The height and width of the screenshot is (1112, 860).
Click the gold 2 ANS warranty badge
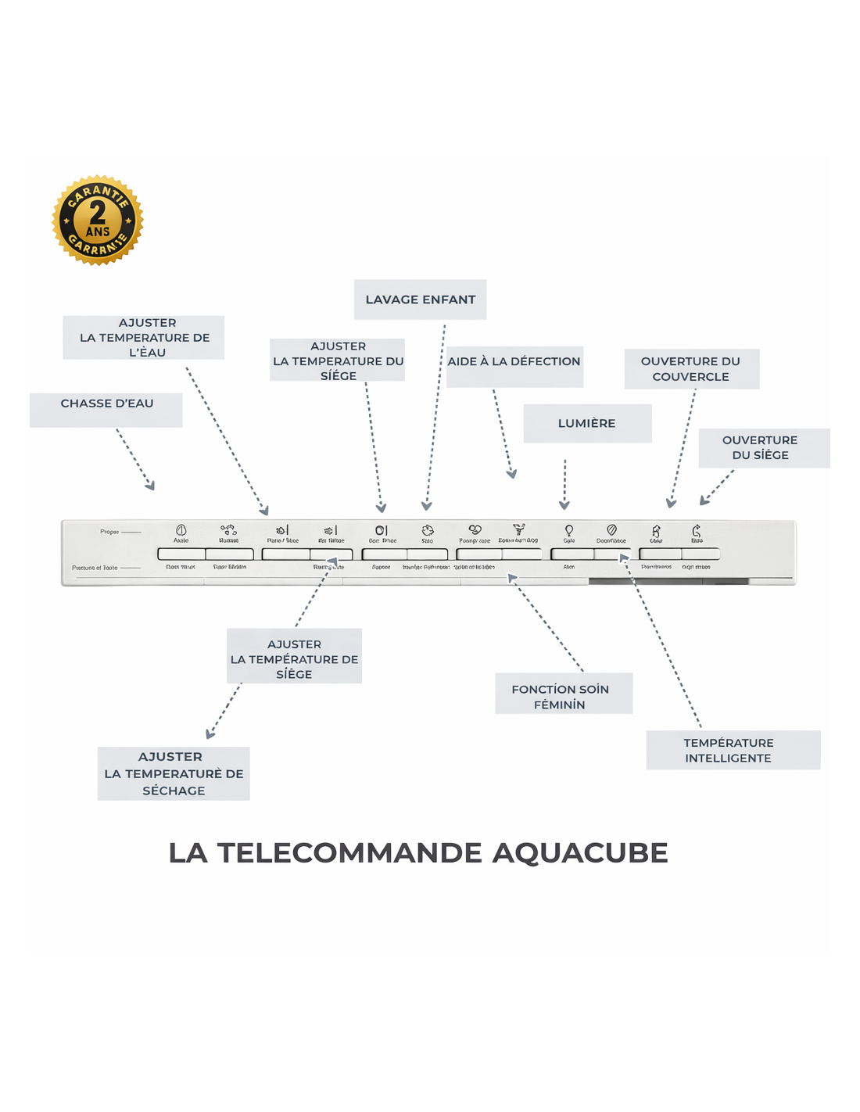point(98,221)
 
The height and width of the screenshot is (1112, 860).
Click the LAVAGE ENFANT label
point(420,300)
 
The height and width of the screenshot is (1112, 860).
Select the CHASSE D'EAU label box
point(106,409)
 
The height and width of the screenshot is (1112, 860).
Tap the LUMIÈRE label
point(587,423)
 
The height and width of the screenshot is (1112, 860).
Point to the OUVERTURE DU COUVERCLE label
point(691,369)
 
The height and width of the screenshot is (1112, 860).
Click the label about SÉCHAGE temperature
point(174,773)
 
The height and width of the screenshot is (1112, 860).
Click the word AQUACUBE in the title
point(580,853)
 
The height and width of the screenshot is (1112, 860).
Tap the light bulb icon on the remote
point(569,531)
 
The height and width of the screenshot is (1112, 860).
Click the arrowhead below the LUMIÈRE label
point(564,505)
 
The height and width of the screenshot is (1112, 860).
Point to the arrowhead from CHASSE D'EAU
point(151,486)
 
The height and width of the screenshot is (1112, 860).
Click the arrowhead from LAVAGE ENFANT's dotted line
point(426,506)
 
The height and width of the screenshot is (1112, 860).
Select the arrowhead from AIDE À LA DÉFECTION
point(512,474)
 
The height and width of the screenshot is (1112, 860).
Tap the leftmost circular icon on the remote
point(181,530)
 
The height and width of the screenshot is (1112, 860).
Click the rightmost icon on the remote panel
point(697,531)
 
